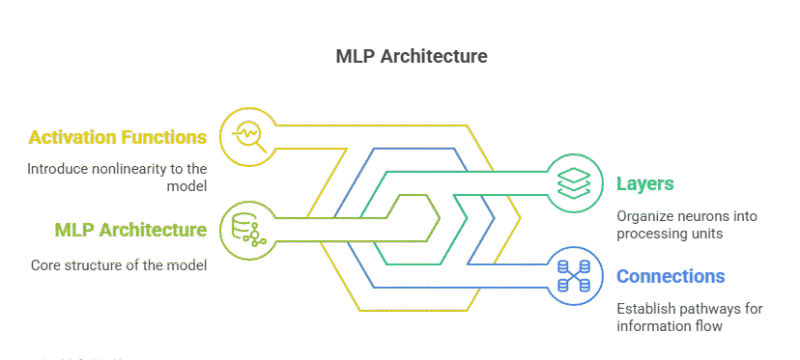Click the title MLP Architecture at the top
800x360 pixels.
point(411,56)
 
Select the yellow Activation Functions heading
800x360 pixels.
point(118,136)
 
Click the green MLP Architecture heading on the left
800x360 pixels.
point(130,230)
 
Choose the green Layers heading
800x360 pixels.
point(644,184)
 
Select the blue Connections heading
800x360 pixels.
point(670,275)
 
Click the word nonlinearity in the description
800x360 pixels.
point(128,169)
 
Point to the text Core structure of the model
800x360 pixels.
point(118,265)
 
